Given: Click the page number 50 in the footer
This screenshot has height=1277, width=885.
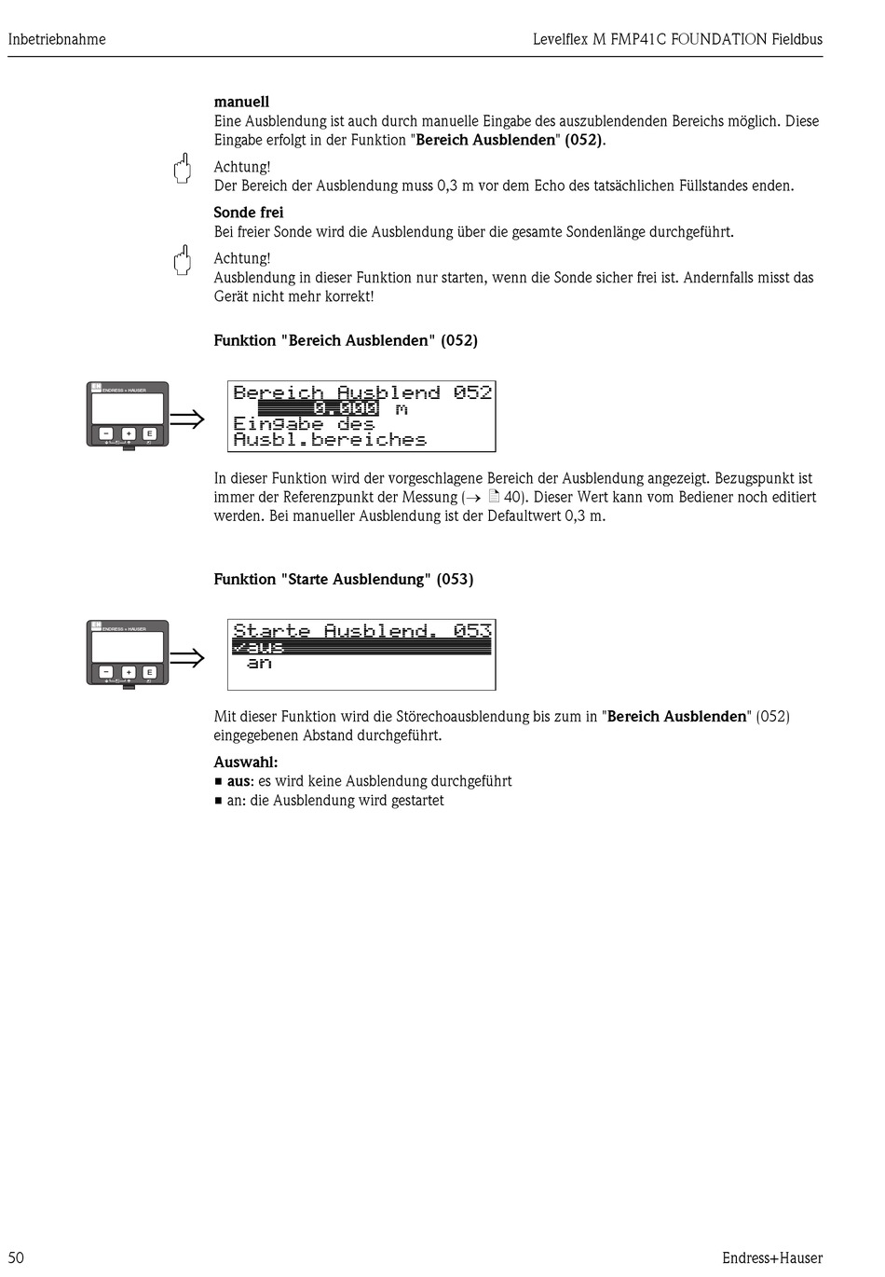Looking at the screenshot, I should (x=16, y=1257).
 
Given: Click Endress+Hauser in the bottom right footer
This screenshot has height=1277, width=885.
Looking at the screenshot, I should (x=771, y=1257).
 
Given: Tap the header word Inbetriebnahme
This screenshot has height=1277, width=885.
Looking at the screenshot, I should (x=57, y=39).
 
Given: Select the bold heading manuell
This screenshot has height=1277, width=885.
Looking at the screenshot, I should (x=241, y=102).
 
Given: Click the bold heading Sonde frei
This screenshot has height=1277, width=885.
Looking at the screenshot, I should (x=249, y=213).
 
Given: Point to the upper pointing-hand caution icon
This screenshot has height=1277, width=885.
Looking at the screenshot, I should (x=183, y=168).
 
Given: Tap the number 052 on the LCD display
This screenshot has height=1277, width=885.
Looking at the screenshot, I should (x=472, y=392).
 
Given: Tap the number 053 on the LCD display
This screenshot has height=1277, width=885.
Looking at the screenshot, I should (x=472, y=631).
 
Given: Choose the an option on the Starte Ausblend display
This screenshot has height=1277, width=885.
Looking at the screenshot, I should (x=259, y=663).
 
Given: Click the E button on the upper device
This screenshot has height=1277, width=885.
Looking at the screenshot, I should (x=149, y=433).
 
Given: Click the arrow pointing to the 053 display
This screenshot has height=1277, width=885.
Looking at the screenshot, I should (x=186, y=658).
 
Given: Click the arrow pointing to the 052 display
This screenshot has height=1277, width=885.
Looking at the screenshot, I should (x=186, y=419).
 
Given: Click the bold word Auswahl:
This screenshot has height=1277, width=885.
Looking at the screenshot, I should (x=246, y=762).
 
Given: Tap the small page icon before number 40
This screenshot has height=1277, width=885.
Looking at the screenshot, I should (x=494, y=497).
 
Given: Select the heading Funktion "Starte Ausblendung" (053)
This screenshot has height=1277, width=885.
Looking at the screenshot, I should (x=343, y=579).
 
